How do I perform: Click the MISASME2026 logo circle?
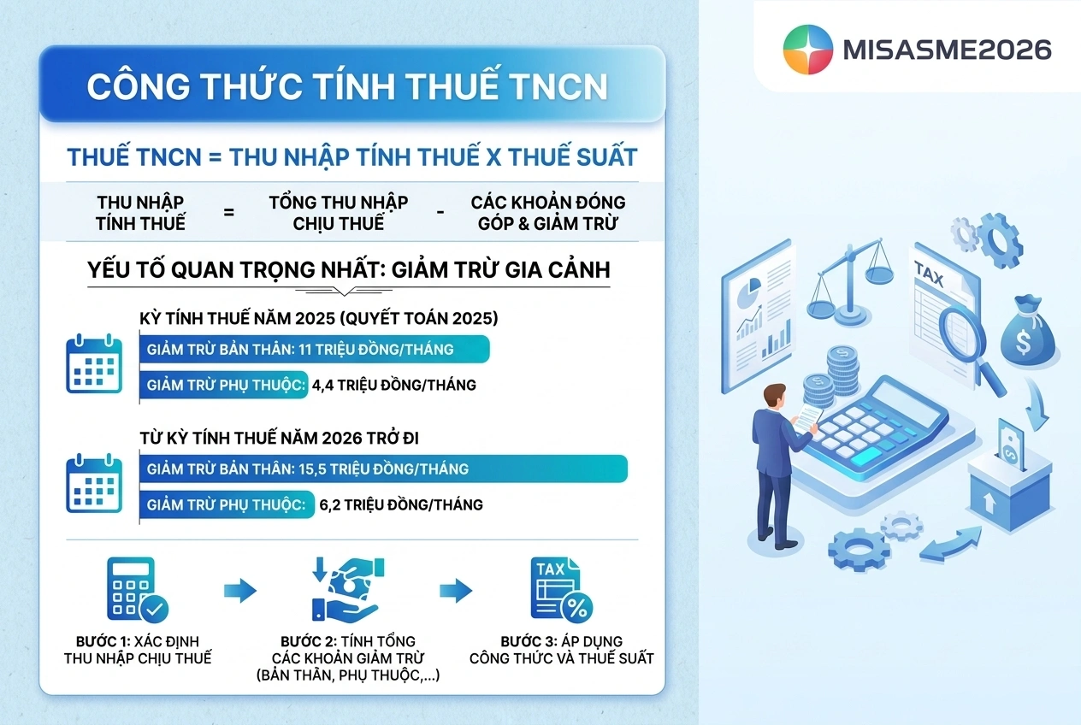click(808, 50)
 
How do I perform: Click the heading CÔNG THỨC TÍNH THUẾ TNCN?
click(347, 86)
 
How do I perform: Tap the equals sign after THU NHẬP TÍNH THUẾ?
click(228, 212)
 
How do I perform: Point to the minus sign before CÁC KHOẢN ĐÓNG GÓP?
click(440, 212)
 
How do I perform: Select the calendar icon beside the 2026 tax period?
click(94, 483)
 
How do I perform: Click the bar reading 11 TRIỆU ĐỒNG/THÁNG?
click(315, 349)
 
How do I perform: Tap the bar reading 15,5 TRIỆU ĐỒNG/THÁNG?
click(384, 469)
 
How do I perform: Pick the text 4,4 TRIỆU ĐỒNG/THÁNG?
click(393, 385)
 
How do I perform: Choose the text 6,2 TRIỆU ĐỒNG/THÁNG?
click(401, 504)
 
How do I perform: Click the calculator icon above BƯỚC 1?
click(138, 590)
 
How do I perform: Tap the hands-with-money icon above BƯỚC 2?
click(348, 589)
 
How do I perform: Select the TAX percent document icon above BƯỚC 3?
click(562, 589)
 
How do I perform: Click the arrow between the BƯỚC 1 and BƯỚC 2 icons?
click(240, 591)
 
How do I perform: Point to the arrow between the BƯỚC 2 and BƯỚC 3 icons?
click(456, 591)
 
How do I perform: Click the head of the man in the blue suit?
click(775, 397)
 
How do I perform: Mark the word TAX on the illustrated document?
click(929, 273)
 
